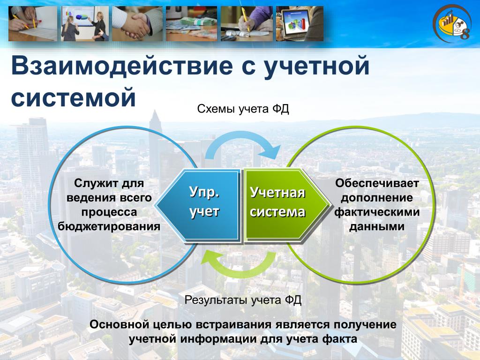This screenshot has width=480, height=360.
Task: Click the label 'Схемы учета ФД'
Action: point(243,109)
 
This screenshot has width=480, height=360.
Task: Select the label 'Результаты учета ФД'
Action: point(243,300)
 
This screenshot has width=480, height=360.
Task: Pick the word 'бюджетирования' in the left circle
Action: point(109,226)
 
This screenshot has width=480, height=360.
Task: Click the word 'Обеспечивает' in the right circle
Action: point(377,183)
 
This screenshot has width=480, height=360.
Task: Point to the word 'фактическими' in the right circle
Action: point(377,212)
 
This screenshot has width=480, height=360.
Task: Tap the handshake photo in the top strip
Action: point(137,23)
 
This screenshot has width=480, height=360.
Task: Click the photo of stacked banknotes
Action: point(191,23)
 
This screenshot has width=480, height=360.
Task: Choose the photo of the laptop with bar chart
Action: point(300,23)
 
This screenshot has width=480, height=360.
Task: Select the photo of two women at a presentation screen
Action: point(85,23)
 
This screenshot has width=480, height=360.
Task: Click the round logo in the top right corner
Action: point(452,23)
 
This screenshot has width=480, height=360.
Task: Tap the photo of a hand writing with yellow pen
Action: point(247,23)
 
